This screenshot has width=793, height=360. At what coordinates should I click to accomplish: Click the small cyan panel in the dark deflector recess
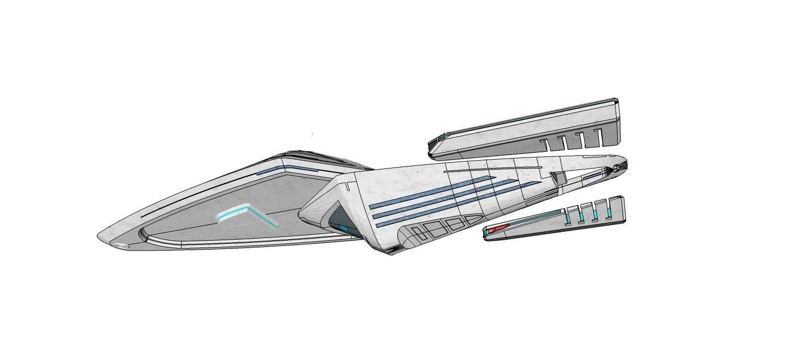(343, 228)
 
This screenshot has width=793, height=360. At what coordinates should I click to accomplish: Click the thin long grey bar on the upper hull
(492, 168)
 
